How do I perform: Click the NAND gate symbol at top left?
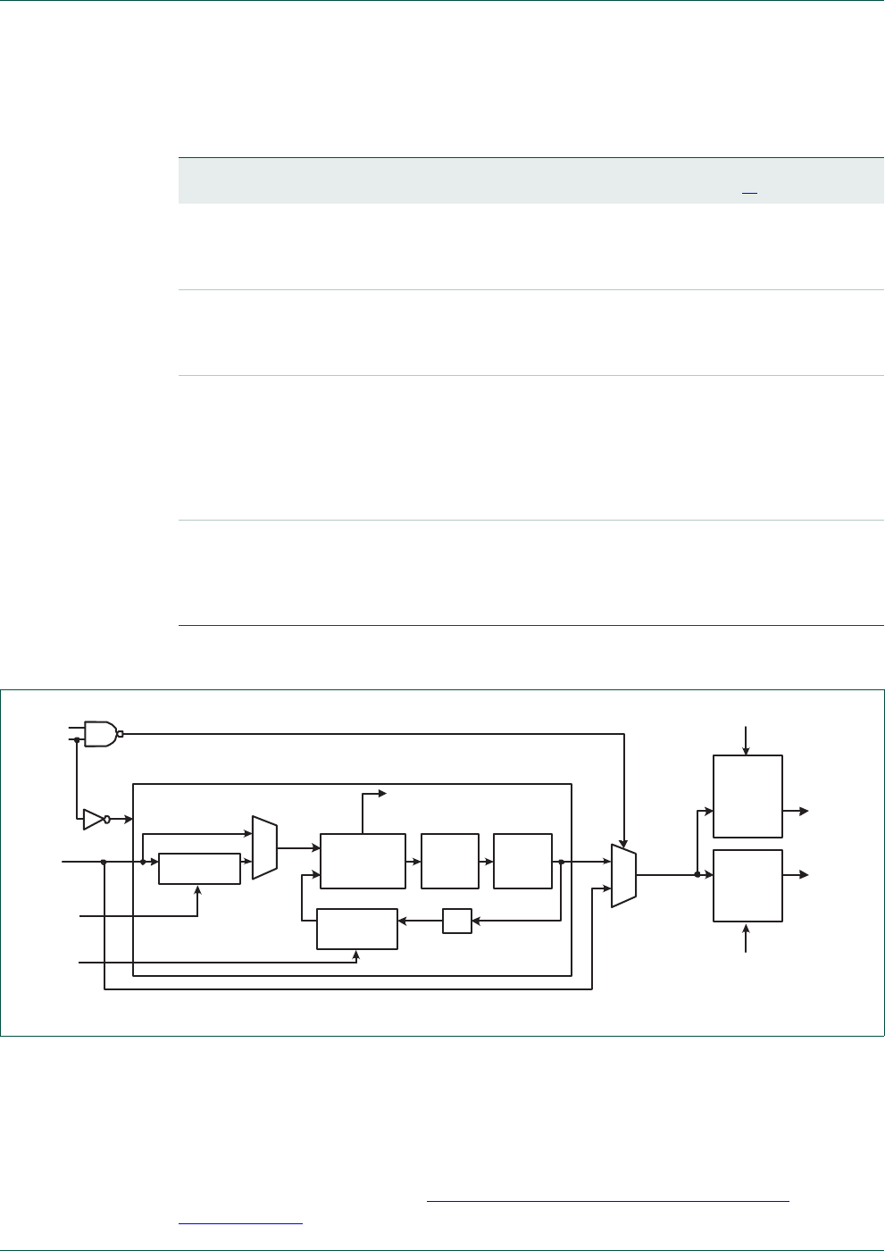point(100,734)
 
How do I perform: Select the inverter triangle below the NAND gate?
point(93,819)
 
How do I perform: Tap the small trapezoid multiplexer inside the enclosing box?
point(265,847)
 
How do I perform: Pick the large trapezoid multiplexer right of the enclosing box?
point(623,875)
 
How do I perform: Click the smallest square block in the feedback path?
point(457,921)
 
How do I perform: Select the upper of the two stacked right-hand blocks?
point(747,796)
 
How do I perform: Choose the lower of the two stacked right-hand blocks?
point(747,886)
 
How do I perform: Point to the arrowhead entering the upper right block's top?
point(747,751)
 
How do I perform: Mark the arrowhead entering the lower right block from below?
point(747,927)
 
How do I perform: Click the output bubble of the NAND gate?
point(121,734)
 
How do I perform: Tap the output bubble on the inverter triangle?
point(107,819)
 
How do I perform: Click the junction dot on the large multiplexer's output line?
point(697,875)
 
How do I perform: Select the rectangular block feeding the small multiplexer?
point(199,869)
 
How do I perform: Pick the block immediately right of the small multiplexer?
point(363,862)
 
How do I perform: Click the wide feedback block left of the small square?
point(357,930)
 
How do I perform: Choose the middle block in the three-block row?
point(450,862)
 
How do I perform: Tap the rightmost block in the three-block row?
point(522,862)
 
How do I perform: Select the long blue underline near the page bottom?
point(608,1202)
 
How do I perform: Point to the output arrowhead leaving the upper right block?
point(804,811)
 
